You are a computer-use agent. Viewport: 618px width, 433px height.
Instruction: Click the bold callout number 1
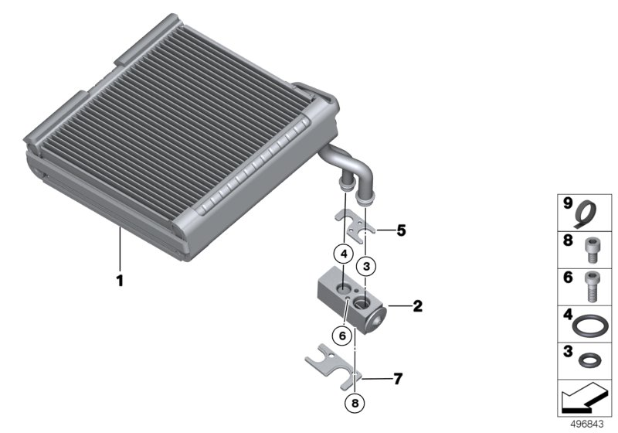[120, 281]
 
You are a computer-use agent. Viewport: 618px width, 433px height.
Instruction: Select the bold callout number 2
[417, 306]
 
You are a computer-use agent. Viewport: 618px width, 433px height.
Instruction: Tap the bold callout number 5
[401, 230]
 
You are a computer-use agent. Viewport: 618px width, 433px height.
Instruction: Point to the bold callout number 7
[398, 379]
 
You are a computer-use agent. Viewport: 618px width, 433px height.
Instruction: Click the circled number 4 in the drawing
[344, 254]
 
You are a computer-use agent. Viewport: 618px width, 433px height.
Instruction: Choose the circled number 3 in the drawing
[366, 267]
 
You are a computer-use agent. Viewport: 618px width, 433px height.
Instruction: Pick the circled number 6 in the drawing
[341, 336]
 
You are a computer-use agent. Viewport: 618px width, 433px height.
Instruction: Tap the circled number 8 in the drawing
[355, 403]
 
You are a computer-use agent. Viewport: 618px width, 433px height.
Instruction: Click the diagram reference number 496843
[587, 424]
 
